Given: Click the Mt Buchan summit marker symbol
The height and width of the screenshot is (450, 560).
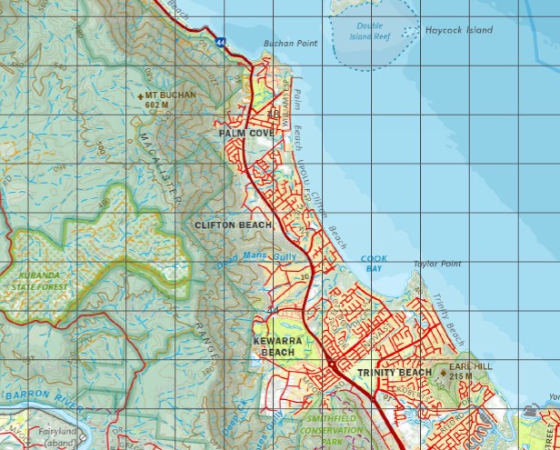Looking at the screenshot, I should pos(140,95).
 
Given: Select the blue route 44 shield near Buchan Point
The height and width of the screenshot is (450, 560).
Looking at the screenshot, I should pos(222,41).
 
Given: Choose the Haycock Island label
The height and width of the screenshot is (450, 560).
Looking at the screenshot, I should pos(459,30).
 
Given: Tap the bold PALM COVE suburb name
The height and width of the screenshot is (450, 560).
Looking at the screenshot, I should pos(246,133).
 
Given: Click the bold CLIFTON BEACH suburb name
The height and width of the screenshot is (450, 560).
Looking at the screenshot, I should pos(233,224).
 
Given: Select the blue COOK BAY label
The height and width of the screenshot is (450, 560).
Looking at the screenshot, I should pos(374,264).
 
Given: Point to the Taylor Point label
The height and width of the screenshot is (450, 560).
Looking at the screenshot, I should pos(437,264).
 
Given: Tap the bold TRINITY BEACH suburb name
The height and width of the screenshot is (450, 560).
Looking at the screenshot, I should pos(394,373).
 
